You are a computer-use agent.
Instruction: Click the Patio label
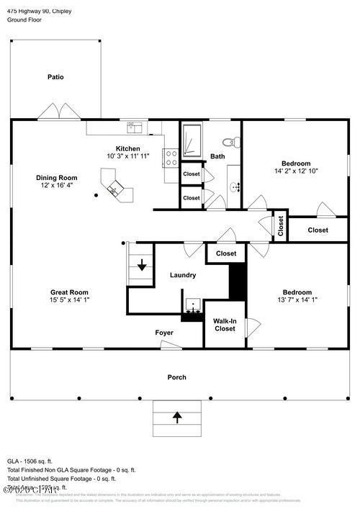pos(55,76)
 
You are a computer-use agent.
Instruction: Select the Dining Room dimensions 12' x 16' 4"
pos(57,186)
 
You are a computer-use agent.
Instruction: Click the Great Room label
pos(69,292)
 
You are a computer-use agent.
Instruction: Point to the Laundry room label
pos(183,275)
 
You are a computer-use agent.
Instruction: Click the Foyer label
pos(164,333)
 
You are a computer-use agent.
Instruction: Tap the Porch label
pos(176,377)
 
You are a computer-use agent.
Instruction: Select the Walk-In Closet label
pos(225,324)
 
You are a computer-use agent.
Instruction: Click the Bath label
pos(217,156)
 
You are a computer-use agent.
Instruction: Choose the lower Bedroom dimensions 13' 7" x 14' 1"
pos(292,300)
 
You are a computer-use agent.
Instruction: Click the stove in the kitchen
pos(171,158)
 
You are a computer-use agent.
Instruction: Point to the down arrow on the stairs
pos(142,265)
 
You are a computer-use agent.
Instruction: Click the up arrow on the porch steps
pos(177,415)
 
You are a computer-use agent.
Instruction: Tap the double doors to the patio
pos(58,112)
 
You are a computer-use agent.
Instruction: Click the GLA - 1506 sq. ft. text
pos(30,461)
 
